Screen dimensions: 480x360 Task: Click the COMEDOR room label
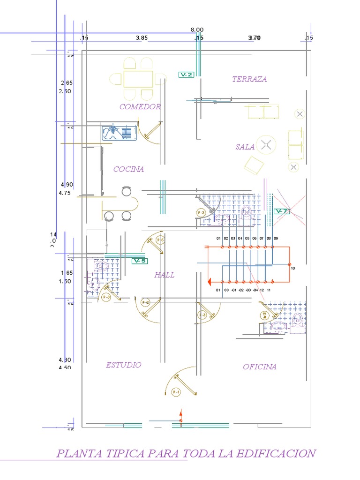(x=140, y=107)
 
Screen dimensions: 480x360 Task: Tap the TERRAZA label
(x=249, y=79)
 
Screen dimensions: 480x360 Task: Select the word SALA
(x=245, y=147)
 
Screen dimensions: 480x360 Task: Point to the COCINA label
(x=128, y=169)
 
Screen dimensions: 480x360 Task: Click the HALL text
(x=164, y=275)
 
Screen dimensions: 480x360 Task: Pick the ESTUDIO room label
(x=123, y=365)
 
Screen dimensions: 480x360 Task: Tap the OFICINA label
(x=259, y=367)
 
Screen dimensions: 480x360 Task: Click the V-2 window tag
(x=186, y=75)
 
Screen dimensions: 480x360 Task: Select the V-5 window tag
(x=140, y=261)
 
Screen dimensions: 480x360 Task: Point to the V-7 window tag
(x=281, y=211)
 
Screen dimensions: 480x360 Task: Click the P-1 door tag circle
(x=176, y=392)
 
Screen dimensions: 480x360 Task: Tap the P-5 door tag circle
(x=160, y=240)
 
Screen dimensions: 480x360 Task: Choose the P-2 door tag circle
(x=145, y=303)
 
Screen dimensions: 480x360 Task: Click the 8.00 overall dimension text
(x=197, y=30)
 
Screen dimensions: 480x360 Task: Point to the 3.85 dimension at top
(x=142, y=38)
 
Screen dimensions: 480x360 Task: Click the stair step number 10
(x=293, y=269)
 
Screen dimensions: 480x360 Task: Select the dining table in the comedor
(x=138, y=79)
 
